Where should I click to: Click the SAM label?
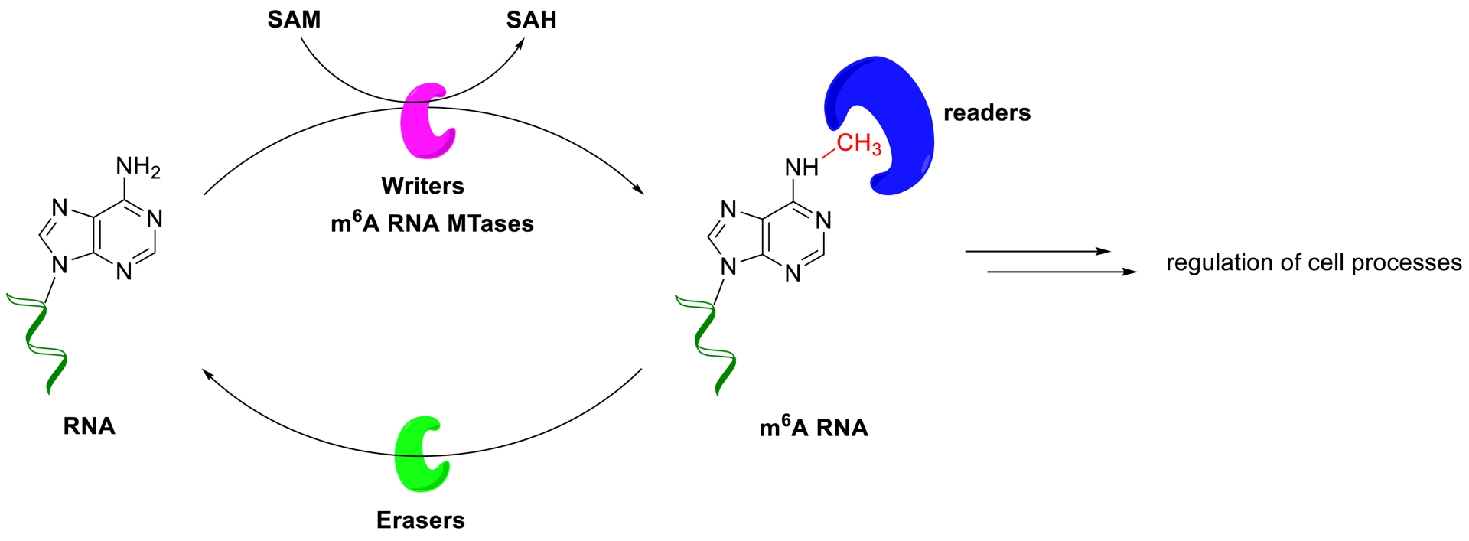point(294,20)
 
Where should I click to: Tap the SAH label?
point(531,20)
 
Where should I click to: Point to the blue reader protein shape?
point(888,122)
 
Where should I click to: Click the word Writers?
point(422,186)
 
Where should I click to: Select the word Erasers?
point(420,520)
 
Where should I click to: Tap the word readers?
point(986,113)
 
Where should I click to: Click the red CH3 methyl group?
point(858,143)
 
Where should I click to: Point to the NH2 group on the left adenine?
point(138,166)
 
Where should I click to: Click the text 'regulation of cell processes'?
point(1313,262)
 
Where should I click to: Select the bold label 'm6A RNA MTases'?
point(432,223)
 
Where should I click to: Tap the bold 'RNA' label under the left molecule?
point(89,426)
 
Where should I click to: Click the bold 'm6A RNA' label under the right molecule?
point(813,427)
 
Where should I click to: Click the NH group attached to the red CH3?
point(801,167)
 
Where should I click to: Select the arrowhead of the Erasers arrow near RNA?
point(207,373)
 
